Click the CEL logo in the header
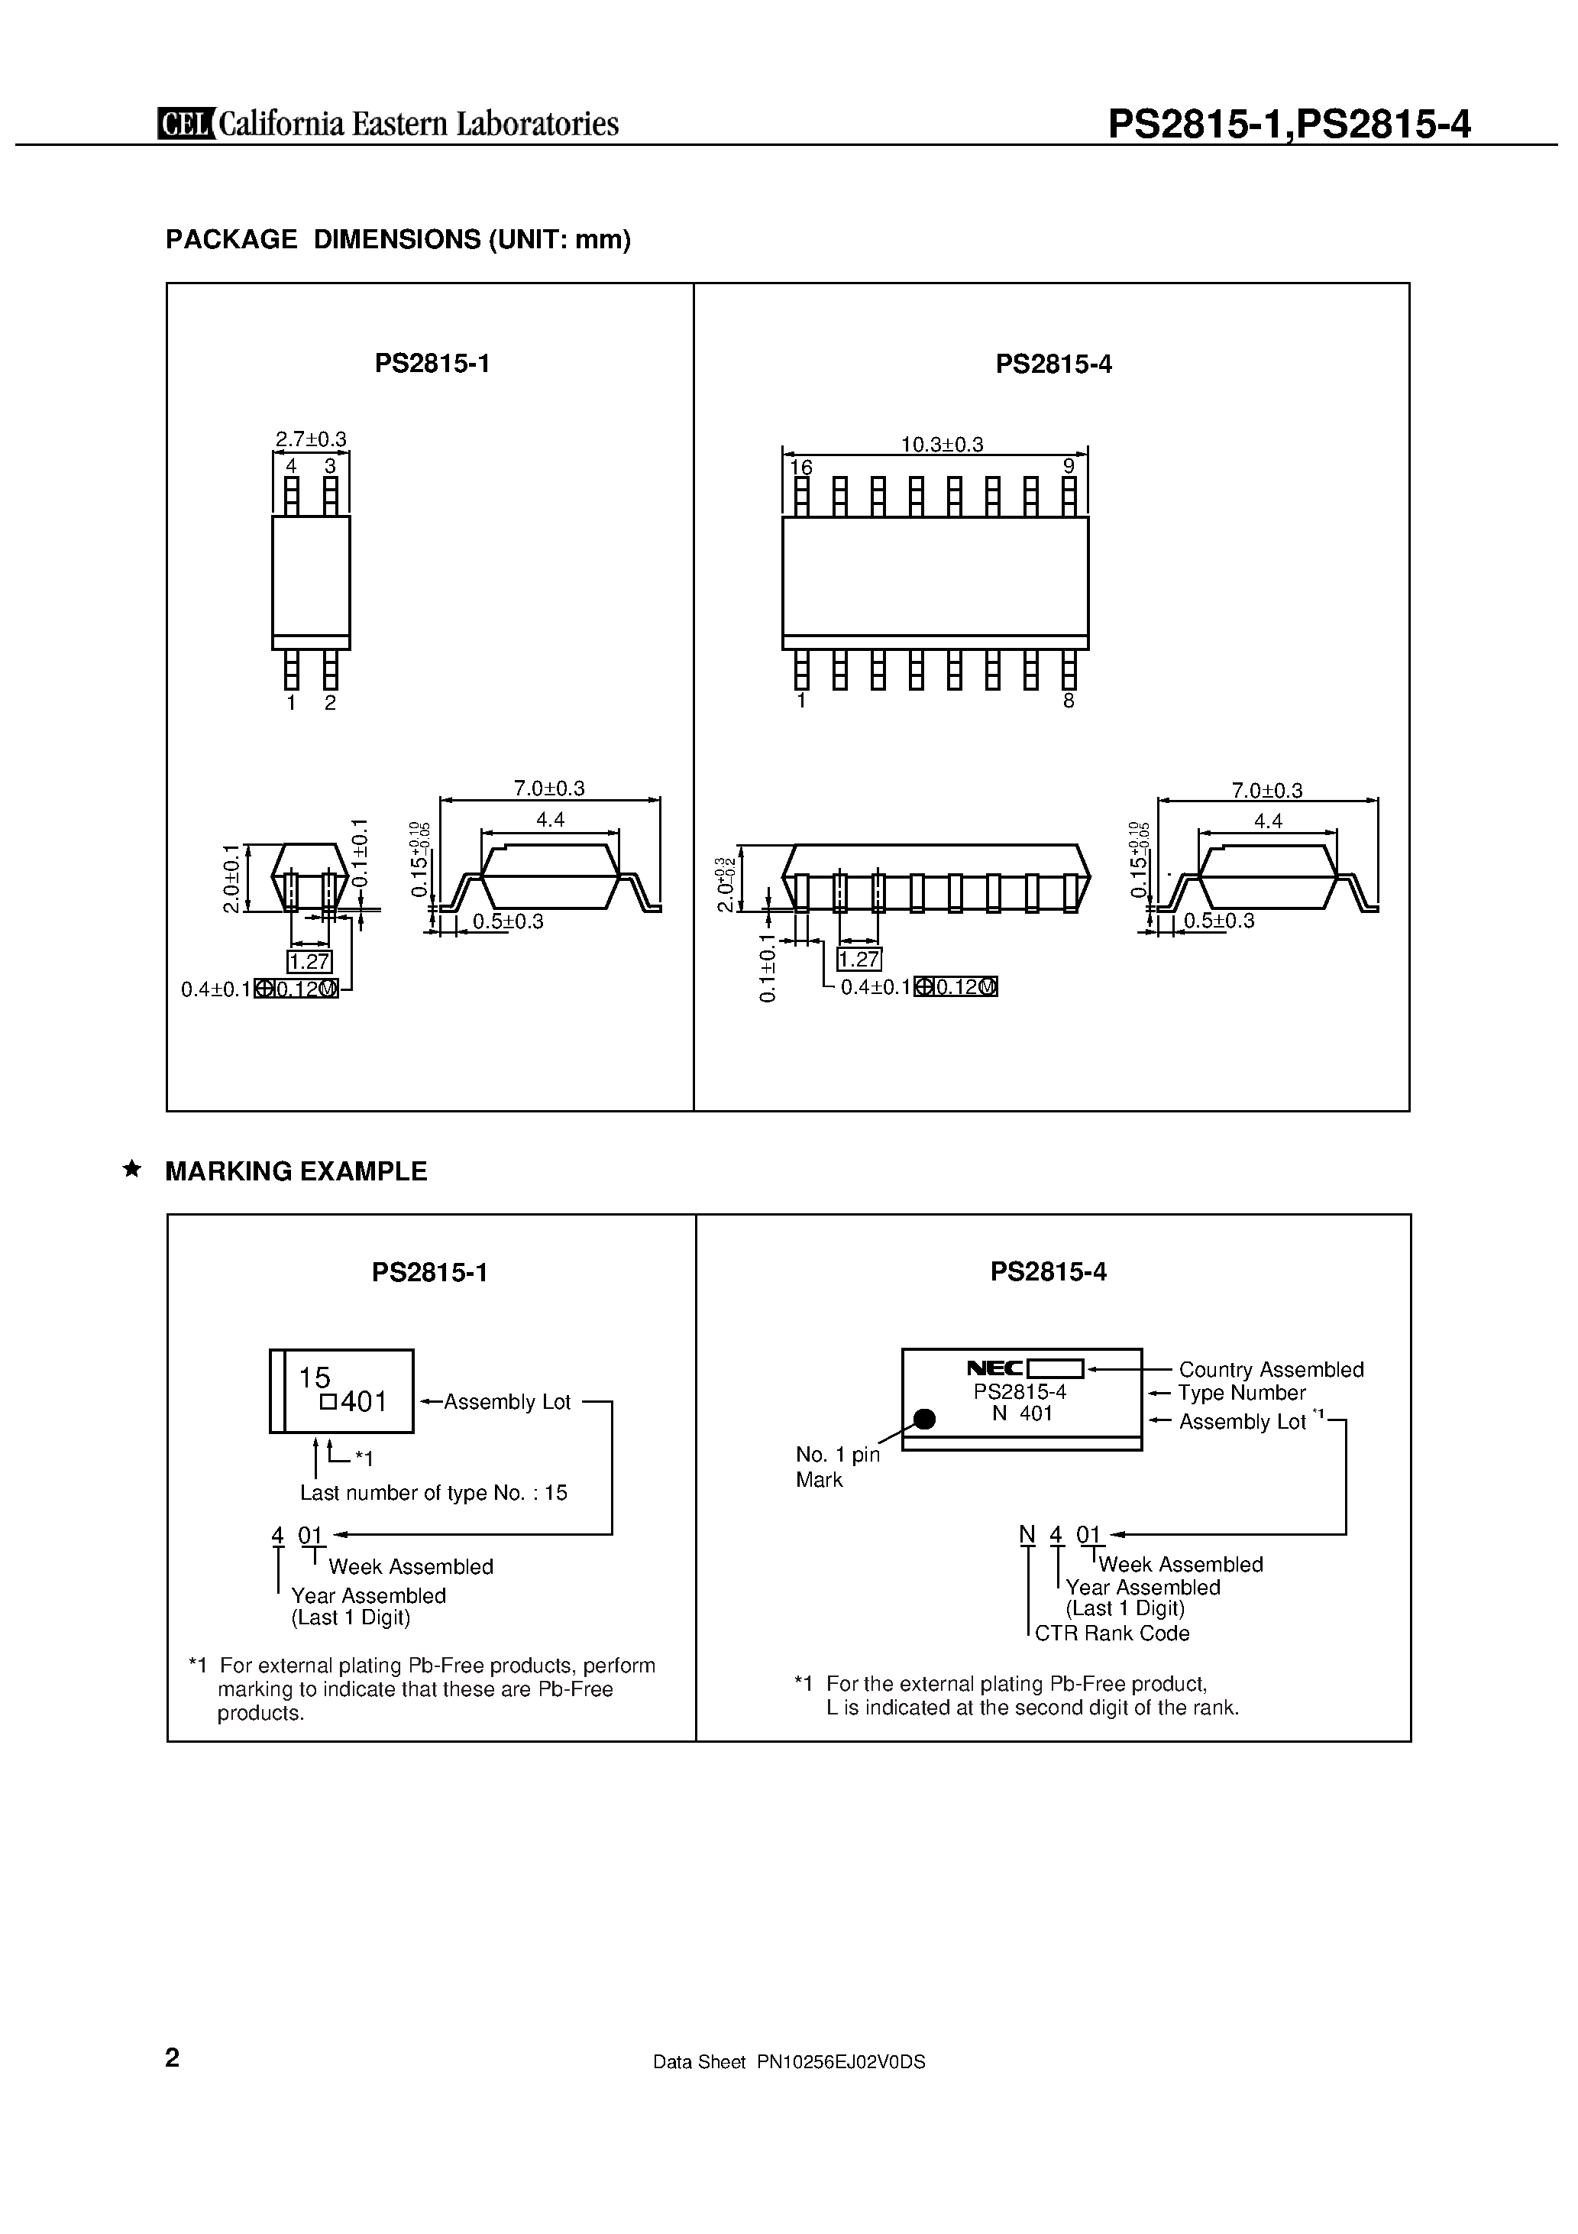pyautogui.click(x=186, y=125)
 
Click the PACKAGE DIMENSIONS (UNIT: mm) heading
pyautogui.click(x=398, y=239)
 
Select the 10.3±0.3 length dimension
pyautogui.click(x=941, y=445)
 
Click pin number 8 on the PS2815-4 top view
pyautogui.click(x=1069, y=701)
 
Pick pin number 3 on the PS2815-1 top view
pyautogui.click(x=331, y=467)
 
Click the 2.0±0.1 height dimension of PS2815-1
pyautogui.click(x=231, y=879)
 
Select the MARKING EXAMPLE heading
pyautogui.click(x=296, y=1171)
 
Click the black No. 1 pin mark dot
pyautogui.click(x=924, y=1420)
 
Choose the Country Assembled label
pyautogui.click(x=1270, y=1370)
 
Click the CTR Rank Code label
pyautogui.click(x=1112, y=1633)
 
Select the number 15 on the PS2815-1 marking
pyautogui.click(x=314, y=1378)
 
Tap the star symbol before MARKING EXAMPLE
pyautogui.click(x=131, y=1170)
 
